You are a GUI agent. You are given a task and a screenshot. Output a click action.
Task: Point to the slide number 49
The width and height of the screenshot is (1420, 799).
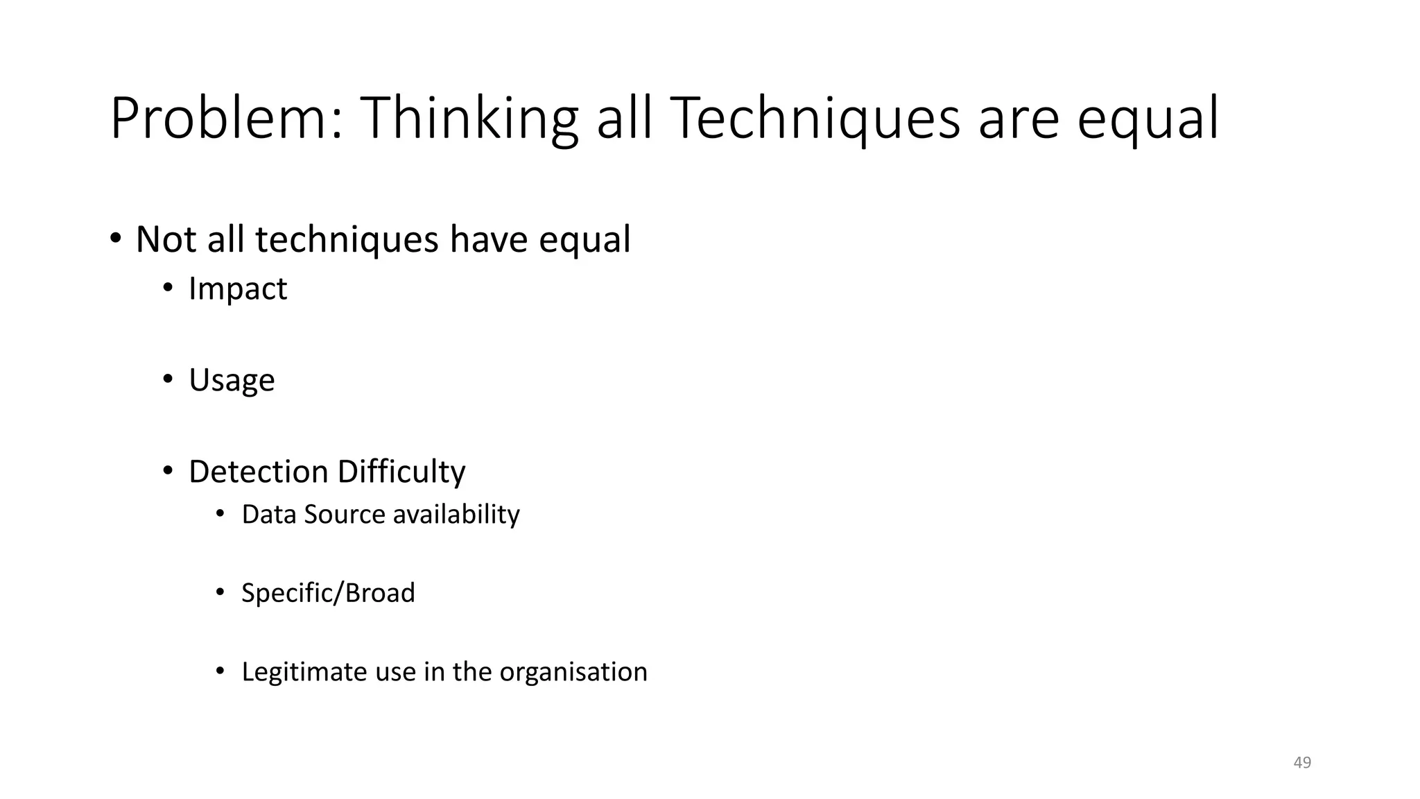(1302, 762)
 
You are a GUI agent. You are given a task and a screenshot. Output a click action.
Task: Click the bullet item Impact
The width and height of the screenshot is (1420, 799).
(237, 289)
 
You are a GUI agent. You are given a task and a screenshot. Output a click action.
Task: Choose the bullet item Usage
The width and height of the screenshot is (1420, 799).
(232, 380)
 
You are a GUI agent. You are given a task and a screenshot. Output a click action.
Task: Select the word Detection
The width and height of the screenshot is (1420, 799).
(257, 472)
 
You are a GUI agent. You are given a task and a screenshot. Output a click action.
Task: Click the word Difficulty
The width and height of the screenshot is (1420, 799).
(401, 472)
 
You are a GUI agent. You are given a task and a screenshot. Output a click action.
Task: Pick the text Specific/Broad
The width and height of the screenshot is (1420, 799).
(328, 593)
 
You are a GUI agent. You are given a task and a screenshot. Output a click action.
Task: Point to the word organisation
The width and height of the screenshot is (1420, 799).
(573, 671)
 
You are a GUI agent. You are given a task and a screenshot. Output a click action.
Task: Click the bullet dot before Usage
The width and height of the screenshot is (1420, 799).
(168, 379)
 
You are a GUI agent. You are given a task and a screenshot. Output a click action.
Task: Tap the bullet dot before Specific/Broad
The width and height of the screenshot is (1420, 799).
(220, 592)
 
